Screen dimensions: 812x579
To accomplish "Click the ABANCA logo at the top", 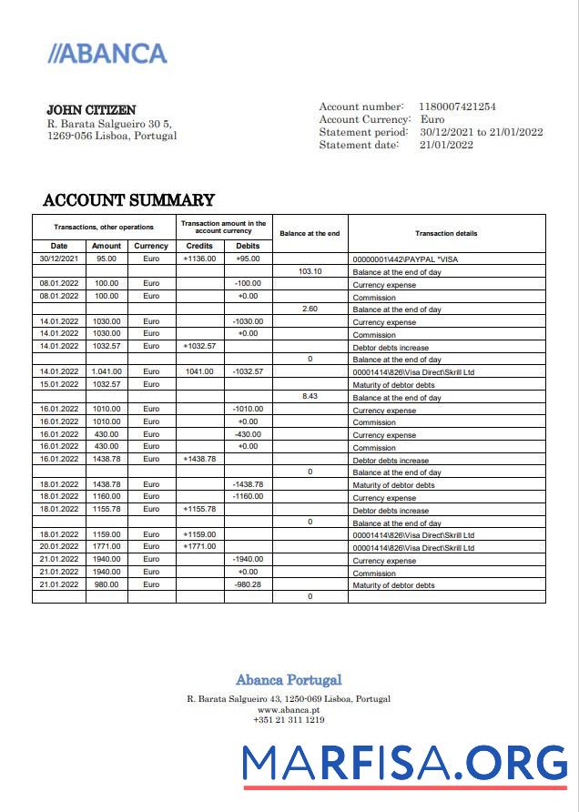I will (107, 54).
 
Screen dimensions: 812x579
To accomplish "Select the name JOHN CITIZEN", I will (91, 110).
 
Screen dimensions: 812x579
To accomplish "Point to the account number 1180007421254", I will (457, 107).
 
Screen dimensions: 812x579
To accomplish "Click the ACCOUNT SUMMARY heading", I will (128, 200).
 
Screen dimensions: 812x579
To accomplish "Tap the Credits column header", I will (199, 246).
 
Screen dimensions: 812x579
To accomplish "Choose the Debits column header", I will (248, 246).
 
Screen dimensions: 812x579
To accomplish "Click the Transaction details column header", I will (446, 233).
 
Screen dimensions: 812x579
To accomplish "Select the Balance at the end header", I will (310, 233).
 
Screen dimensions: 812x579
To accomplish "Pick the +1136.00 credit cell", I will (199, 259).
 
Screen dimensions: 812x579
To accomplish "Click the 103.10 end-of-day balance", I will (310, 271).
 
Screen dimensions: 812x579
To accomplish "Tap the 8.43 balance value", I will (310, 397).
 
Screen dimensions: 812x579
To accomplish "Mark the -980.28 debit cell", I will (248, 584).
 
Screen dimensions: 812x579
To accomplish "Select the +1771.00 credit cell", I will (199, 546).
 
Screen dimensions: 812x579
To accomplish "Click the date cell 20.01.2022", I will (59, 546).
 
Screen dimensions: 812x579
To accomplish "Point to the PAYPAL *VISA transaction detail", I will (412, 259).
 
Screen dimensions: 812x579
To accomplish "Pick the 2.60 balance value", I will (310, 310).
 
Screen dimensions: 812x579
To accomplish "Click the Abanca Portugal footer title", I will (289, 680).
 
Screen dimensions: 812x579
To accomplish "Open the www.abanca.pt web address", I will (289, 709).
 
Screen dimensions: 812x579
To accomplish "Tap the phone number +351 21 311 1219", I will (289, 719).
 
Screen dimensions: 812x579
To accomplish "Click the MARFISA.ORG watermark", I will (405, 762).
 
